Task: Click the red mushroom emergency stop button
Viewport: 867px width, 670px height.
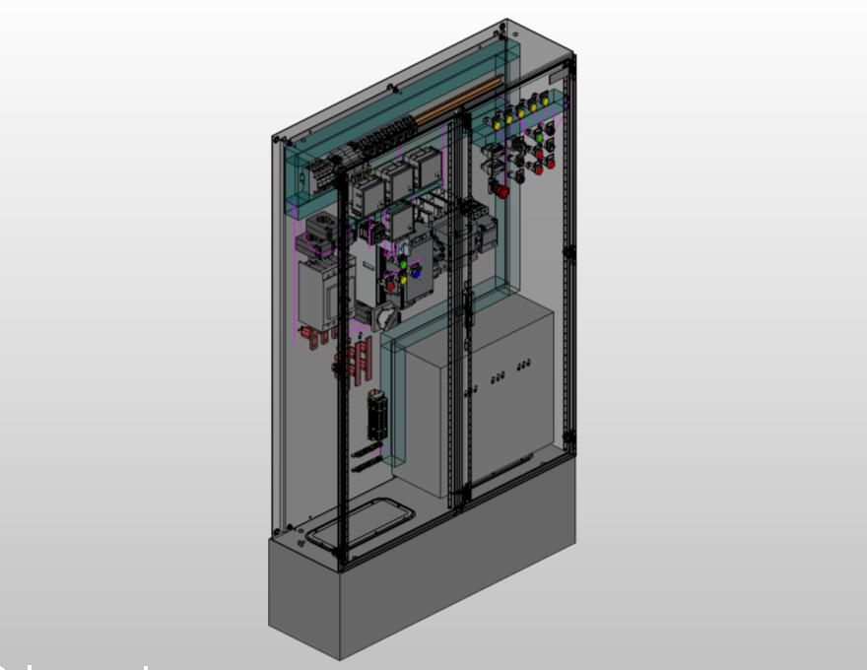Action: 501,190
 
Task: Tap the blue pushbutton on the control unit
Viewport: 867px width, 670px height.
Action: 416,275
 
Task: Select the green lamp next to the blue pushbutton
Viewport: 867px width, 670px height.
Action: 403,266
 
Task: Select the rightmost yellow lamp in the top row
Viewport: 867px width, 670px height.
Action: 545,100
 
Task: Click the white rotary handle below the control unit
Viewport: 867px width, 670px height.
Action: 387,316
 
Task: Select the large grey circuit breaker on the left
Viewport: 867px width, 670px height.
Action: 320,292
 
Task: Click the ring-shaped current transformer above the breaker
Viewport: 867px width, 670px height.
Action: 322,229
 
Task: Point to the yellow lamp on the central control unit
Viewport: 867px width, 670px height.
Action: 403,279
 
